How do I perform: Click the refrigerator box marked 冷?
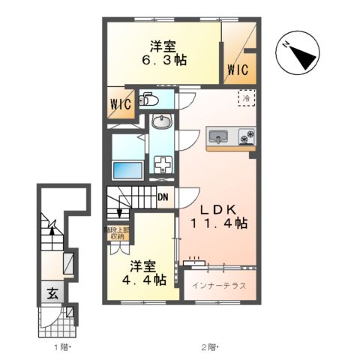(x=245, y=97)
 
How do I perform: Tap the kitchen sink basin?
(x=218, y=136)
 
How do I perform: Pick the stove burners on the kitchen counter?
(x=246, y=136)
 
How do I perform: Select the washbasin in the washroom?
(x=161, y=121)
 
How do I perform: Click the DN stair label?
(x=162, y=198)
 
